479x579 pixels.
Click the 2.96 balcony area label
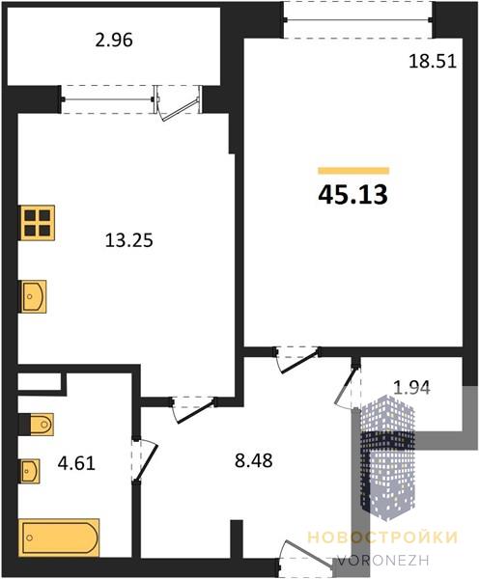point(114,40)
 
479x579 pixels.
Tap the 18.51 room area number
point(433,61)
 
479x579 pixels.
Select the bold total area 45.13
point(352,195)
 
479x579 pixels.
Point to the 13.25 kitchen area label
point(129,240)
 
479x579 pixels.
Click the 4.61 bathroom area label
point(76,463)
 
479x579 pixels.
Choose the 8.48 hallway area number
point(254,460)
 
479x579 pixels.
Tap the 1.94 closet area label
point(411,388)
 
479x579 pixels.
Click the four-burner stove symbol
point(37,223)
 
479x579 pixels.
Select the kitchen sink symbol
point(33,296)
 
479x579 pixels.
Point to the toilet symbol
point(37,425)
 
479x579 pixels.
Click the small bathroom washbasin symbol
point(29,471)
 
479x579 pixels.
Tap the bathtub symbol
point(59,538)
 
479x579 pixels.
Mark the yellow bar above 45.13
point(353,171)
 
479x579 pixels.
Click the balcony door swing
point(179,103)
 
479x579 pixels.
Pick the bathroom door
point(145,460)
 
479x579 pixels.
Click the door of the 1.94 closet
point(348,386)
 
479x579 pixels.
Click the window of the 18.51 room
point(357,20)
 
